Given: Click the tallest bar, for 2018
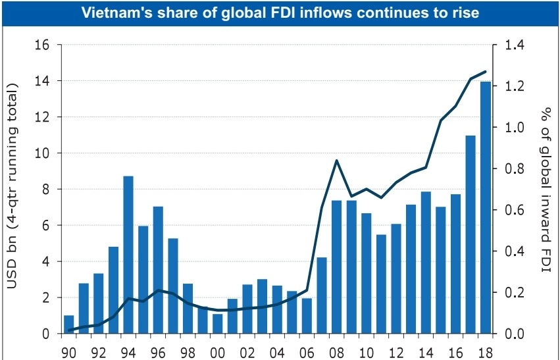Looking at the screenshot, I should point(484,207).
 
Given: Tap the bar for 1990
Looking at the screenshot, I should point(68,324).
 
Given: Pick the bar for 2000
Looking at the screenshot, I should point(217,324).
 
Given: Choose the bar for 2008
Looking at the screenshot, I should point(336,267).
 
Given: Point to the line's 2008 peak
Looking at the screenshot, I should point(336,161).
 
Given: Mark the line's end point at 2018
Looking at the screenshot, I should point(485,71).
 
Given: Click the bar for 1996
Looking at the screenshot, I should point(158,270).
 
